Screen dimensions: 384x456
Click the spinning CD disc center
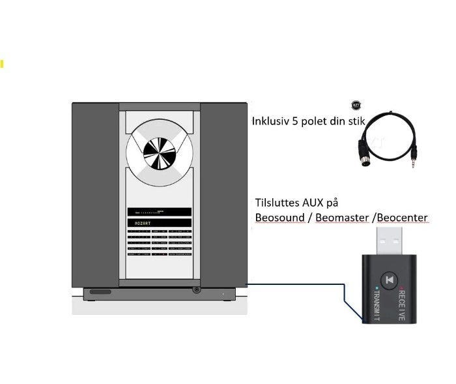(160, 154)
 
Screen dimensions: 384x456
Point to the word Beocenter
(402, 217)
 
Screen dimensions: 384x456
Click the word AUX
(316, 203)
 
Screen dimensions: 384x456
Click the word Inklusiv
(272, 122)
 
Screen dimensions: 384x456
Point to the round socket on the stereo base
(196, 289)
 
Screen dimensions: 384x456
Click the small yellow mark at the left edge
(2, 64)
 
